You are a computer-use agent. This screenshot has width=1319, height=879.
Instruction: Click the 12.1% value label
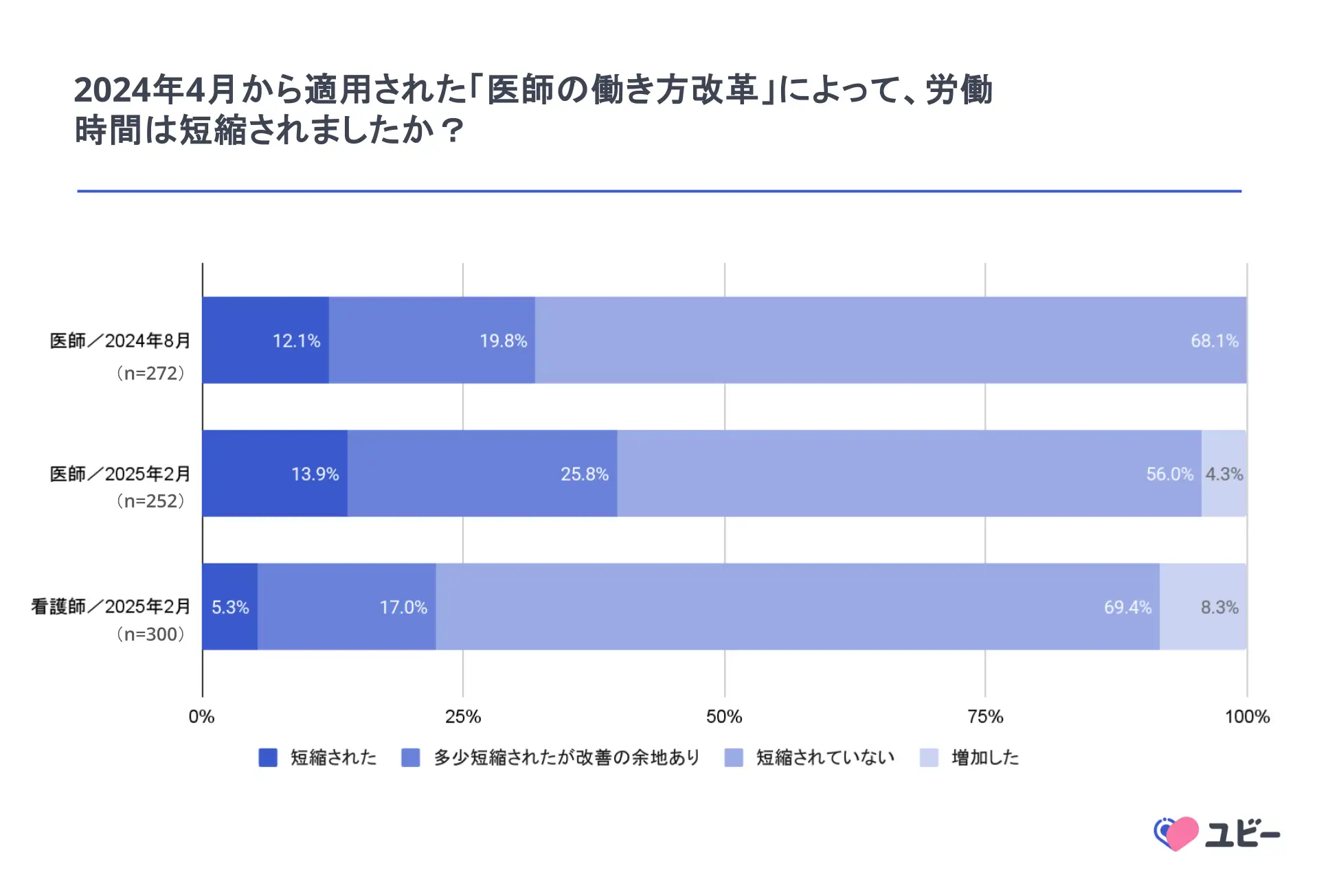[296, 341]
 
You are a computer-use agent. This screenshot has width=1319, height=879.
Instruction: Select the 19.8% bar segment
[431, 341]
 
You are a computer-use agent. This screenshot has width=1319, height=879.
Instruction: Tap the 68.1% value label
[1214, 341]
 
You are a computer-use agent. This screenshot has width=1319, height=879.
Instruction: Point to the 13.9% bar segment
[275, 474]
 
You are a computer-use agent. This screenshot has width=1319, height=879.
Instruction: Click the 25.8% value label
[584, 474]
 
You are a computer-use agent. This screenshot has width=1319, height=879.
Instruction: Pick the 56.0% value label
[1169, 474]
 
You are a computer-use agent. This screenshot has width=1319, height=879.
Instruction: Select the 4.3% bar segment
[1224, 474]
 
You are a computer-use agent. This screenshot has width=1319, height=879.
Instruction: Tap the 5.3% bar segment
[230, 607]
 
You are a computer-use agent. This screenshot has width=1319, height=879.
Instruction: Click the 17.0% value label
[403, 607]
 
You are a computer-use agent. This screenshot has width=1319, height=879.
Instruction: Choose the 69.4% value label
[1127, 607]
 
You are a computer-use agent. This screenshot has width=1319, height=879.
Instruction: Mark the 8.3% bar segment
[1203, 607]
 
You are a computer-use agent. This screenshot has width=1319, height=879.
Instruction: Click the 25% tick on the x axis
[463, 717]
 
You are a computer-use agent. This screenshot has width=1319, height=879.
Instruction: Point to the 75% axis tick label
[985, 717]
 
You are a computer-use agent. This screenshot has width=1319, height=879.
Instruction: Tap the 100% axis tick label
[1247, 717]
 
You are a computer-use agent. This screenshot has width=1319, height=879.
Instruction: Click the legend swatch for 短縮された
[268, 757]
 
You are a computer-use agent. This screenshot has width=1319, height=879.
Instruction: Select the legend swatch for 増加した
[929, 757]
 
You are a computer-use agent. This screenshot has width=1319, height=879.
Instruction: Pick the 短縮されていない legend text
[825, 757]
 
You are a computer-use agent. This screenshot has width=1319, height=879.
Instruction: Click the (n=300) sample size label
[150, 634]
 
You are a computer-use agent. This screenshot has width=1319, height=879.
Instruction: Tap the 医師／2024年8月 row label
[120, 341]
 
